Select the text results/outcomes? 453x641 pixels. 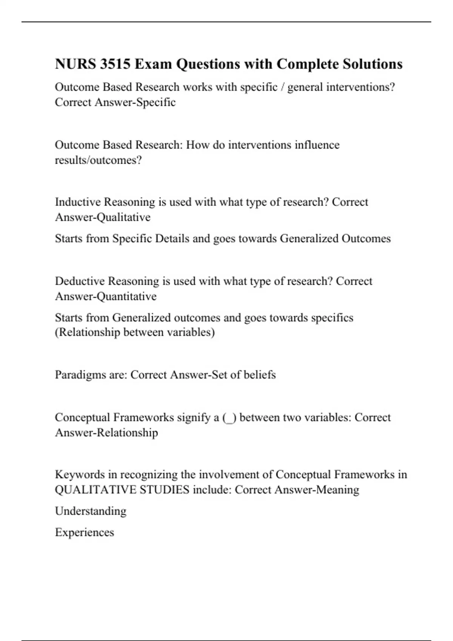click(x=98, y=160)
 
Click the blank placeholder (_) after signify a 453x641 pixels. click(x=229, y=418)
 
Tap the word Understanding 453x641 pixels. click(x=91, y=511)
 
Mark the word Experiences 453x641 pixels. click(x=84, y=532)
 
